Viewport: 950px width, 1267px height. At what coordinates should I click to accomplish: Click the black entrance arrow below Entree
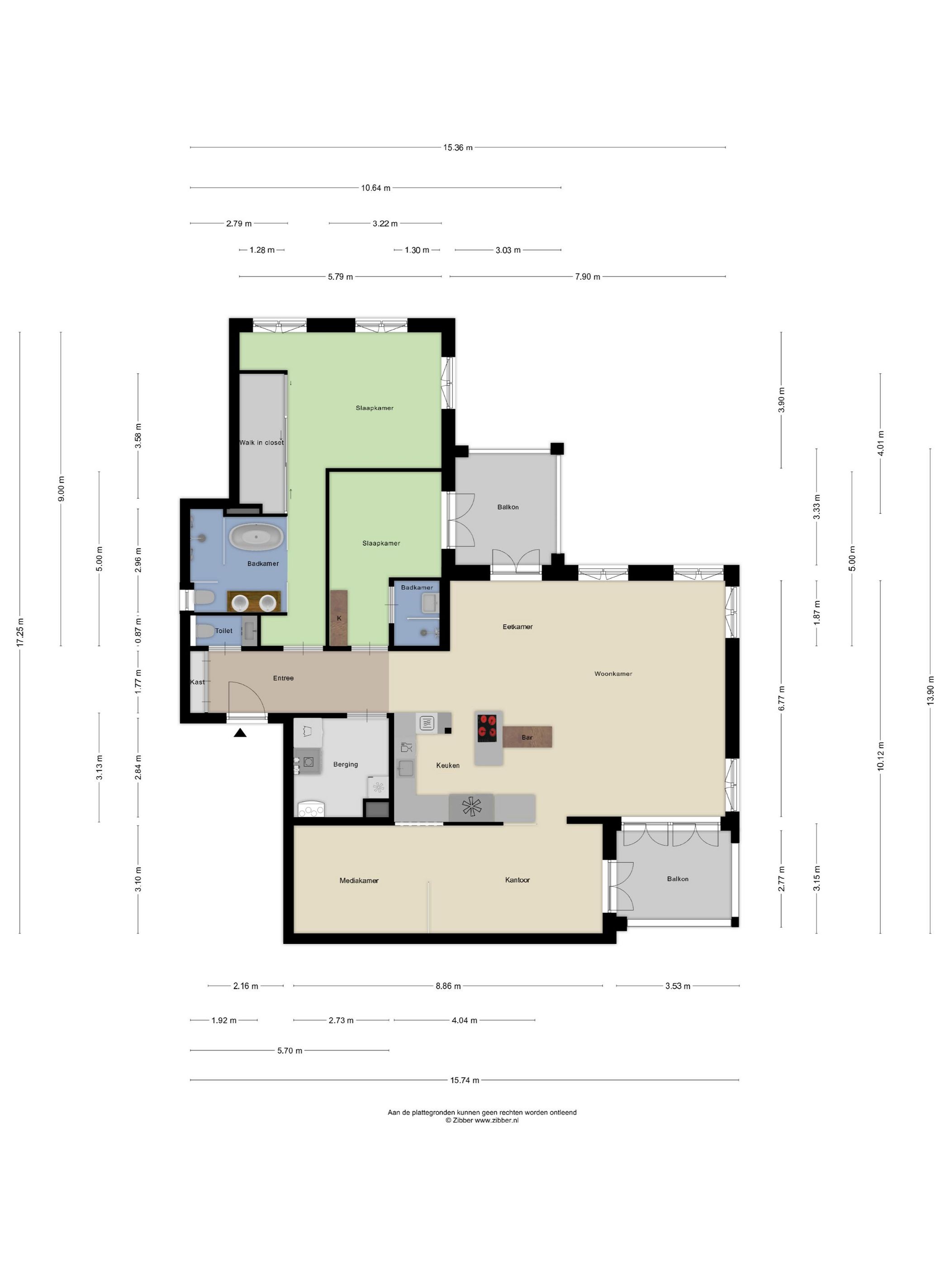coord(240,732)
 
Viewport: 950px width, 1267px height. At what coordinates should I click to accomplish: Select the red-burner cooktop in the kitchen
coord(487,728)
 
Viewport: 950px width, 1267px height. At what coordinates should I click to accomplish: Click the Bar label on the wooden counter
coord(527,737)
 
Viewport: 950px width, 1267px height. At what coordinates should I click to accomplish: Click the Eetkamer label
coord(518,627)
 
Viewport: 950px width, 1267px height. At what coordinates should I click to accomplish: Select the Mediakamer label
coord(359,881)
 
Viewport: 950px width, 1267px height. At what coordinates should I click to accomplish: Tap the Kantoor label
coord(518,880)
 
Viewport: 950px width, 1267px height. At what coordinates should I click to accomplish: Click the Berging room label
coord(345,764)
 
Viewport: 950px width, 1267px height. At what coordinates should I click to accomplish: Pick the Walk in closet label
coord(261,442)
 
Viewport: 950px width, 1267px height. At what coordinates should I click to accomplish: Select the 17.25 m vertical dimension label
coord(20,632)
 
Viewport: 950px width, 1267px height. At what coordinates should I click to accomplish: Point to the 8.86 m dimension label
coord(448,986)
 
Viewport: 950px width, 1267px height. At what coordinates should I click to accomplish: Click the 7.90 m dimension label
coord(588,276)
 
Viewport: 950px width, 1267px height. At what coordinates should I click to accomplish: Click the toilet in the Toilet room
coord(204,631)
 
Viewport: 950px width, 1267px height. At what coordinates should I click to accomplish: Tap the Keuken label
coord(448,765)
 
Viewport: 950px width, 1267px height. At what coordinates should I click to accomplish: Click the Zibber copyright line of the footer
coord(482,1120)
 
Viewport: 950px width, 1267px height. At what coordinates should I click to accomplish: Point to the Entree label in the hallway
coord(284,678)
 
